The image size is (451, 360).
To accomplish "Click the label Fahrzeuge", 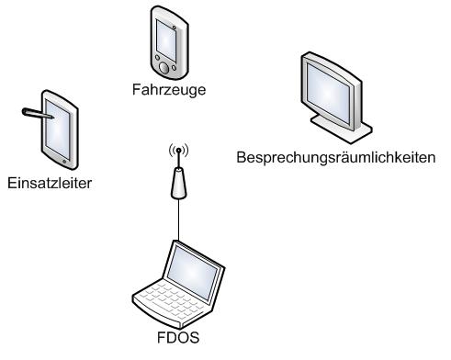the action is point(169,90).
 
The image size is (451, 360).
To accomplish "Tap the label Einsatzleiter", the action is point(50,183).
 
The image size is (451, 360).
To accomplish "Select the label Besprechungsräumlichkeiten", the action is point(336,158).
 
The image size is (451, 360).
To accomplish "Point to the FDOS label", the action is point(178,337).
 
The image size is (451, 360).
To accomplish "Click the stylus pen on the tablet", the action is point(38,113).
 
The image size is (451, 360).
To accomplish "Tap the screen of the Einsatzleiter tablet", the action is point(58,129).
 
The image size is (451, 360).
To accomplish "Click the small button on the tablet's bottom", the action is point(64,162).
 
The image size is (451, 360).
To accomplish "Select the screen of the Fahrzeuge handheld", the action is point(166,40).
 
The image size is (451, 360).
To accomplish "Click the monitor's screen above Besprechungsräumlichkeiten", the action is point(328,93).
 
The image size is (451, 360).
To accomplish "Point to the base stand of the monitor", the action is point(342,129).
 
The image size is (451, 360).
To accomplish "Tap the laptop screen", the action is point(192,272).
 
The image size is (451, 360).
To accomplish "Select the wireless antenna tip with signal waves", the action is point(178,150).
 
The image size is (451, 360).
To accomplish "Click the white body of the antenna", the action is point(178,184).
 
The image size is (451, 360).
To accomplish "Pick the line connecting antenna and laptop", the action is point(178,219).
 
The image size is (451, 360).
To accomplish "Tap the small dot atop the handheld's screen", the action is point(174,28).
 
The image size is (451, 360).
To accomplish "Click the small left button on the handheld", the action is point(157,57).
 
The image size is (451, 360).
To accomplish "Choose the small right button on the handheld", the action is point(174,68).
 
